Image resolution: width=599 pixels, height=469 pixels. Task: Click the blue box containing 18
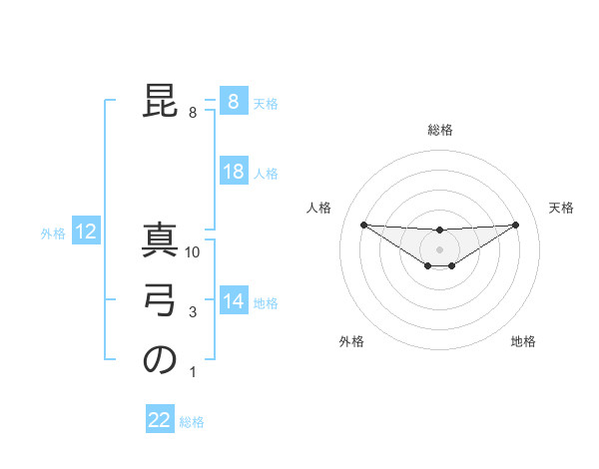[x=234, y=172]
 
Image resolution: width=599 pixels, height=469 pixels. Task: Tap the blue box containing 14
[x=234, y=300]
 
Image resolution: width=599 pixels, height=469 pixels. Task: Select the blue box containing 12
[x=86, y=233]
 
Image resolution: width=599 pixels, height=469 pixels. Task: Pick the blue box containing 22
[x=160, y=420]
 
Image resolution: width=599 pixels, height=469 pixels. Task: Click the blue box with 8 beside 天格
[x=234, y=102]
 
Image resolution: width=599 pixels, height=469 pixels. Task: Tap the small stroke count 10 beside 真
[x=194, y=252]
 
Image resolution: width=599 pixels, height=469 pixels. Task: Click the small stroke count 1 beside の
[x=193, y=373]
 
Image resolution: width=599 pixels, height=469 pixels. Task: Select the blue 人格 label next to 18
[x=266, y=174]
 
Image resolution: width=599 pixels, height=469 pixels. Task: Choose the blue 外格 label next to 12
[x=53, y=234]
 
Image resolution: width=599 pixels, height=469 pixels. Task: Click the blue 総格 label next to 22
[x=192, y=422]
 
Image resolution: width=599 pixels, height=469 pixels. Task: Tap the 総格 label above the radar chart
[x=439, y=130]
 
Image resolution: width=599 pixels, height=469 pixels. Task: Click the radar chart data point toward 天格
[x=515, y=225]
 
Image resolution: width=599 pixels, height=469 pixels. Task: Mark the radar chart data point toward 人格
[x=363, y=225]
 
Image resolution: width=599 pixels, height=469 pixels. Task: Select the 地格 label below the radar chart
[x=523, y=342]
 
